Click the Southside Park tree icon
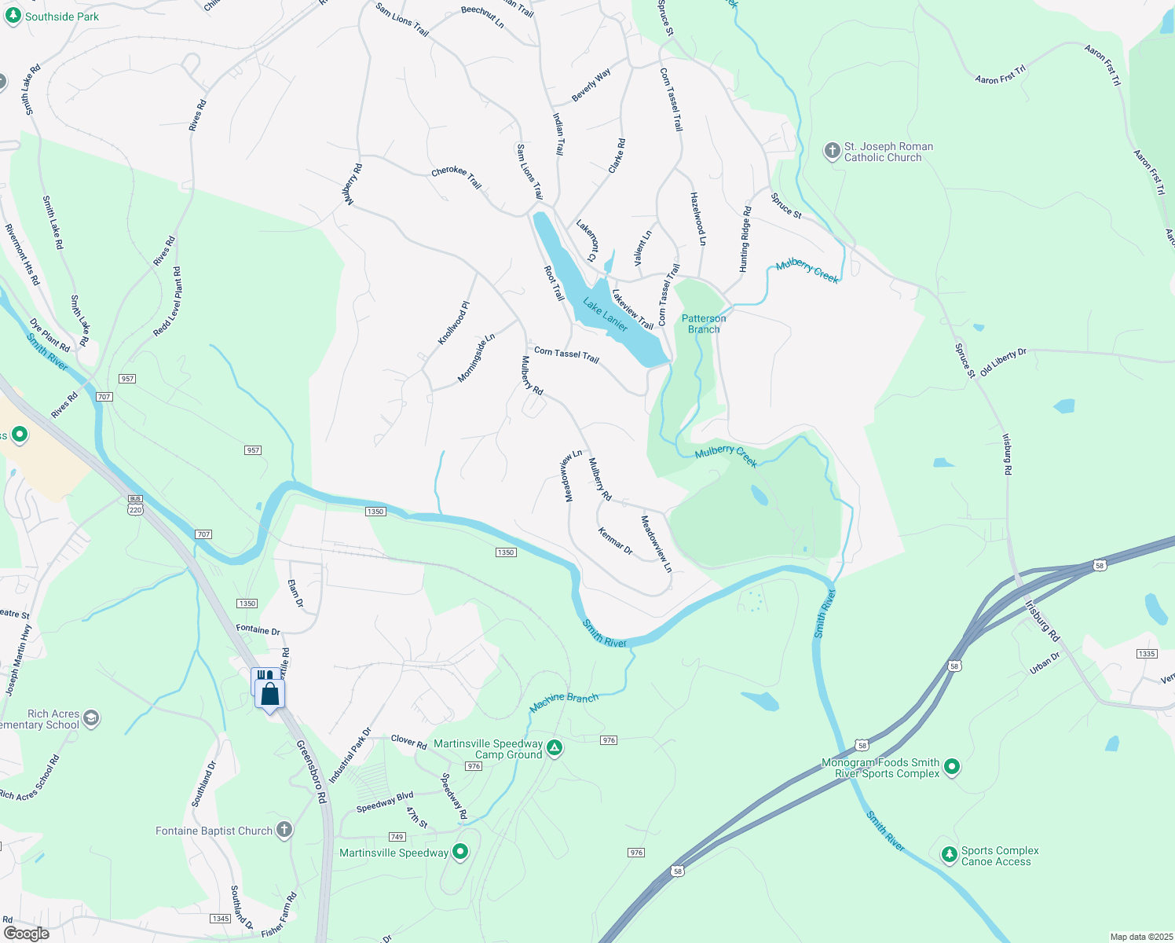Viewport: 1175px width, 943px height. (13, 17)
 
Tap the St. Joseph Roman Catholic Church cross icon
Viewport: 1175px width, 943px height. (832, 151)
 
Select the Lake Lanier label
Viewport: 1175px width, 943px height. (605, 314)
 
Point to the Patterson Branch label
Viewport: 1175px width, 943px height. (704, 324)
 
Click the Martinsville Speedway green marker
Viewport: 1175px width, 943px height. (460, 852)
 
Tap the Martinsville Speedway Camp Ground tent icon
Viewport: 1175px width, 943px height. (555, 748)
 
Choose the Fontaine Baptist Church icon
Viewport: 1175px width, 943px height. (284, 830)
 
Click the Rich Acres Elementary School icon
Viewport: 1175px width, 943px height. (92, 718)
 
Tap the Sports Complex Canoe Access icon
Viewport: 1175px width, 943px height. (950, 855)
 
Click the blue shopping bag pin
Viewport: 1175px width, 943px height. (270, 695)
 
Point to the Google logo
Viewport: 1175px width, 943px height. (26, 933)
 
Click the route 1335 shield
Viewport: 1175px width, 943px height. (1146, 654)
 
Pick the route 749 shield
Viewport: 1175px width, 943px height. (397, 837)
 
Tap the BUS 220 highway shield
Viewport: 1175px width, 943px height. (135, 505)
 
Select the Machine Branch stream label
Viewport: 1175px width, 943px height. (564, 702)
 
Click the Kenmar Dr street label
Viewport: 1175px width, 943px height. (615, 541)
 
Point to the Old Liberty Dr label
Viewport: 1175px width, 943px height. (1003, 361)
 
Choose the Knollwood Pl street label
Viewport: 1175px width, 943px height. (453, 323)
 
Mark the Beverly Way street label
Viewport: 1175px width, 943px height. (591, 85)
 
